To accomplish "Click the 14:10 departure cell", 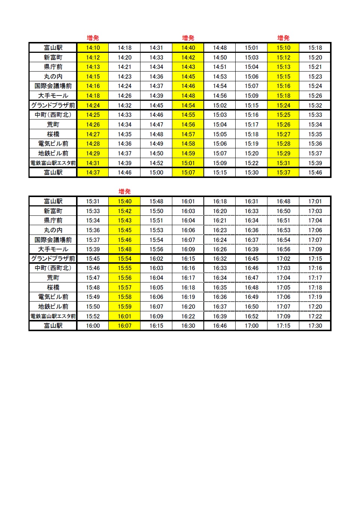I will [93, 48].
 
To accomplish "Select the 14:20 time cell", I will [124, 57].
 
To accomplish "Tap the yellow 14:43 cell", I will [188, 67].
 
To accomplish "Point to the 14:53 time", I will [220, 76].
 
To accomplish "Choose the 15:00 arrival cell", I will [156, 172].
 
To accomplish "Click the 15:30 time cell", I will [252, 172].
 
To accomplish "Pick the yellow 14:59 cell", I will [188, 153].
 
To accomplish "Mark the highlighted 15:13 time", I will [284, 67].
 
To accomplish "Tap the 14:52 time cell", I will [156, 163].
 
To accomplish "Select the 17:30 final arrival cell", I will [315, 326].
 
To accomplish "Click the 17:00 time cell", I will [252, 326].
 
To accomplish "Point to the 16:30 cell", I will [188, 326].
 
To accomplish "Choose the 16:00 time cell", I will [93, 326].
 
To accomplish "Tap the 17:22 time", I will [315, 316].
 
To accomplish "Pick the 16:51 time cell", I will [284, 220].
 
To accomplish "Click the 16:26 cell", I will [220, 249].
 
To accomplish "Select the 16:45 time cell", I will [252, 258].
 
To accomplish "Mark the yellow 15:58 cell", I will [124, 297].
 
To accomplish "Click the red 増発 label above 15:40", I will [124, 191].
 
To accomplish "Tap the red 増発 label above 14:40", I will [188, 38].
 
